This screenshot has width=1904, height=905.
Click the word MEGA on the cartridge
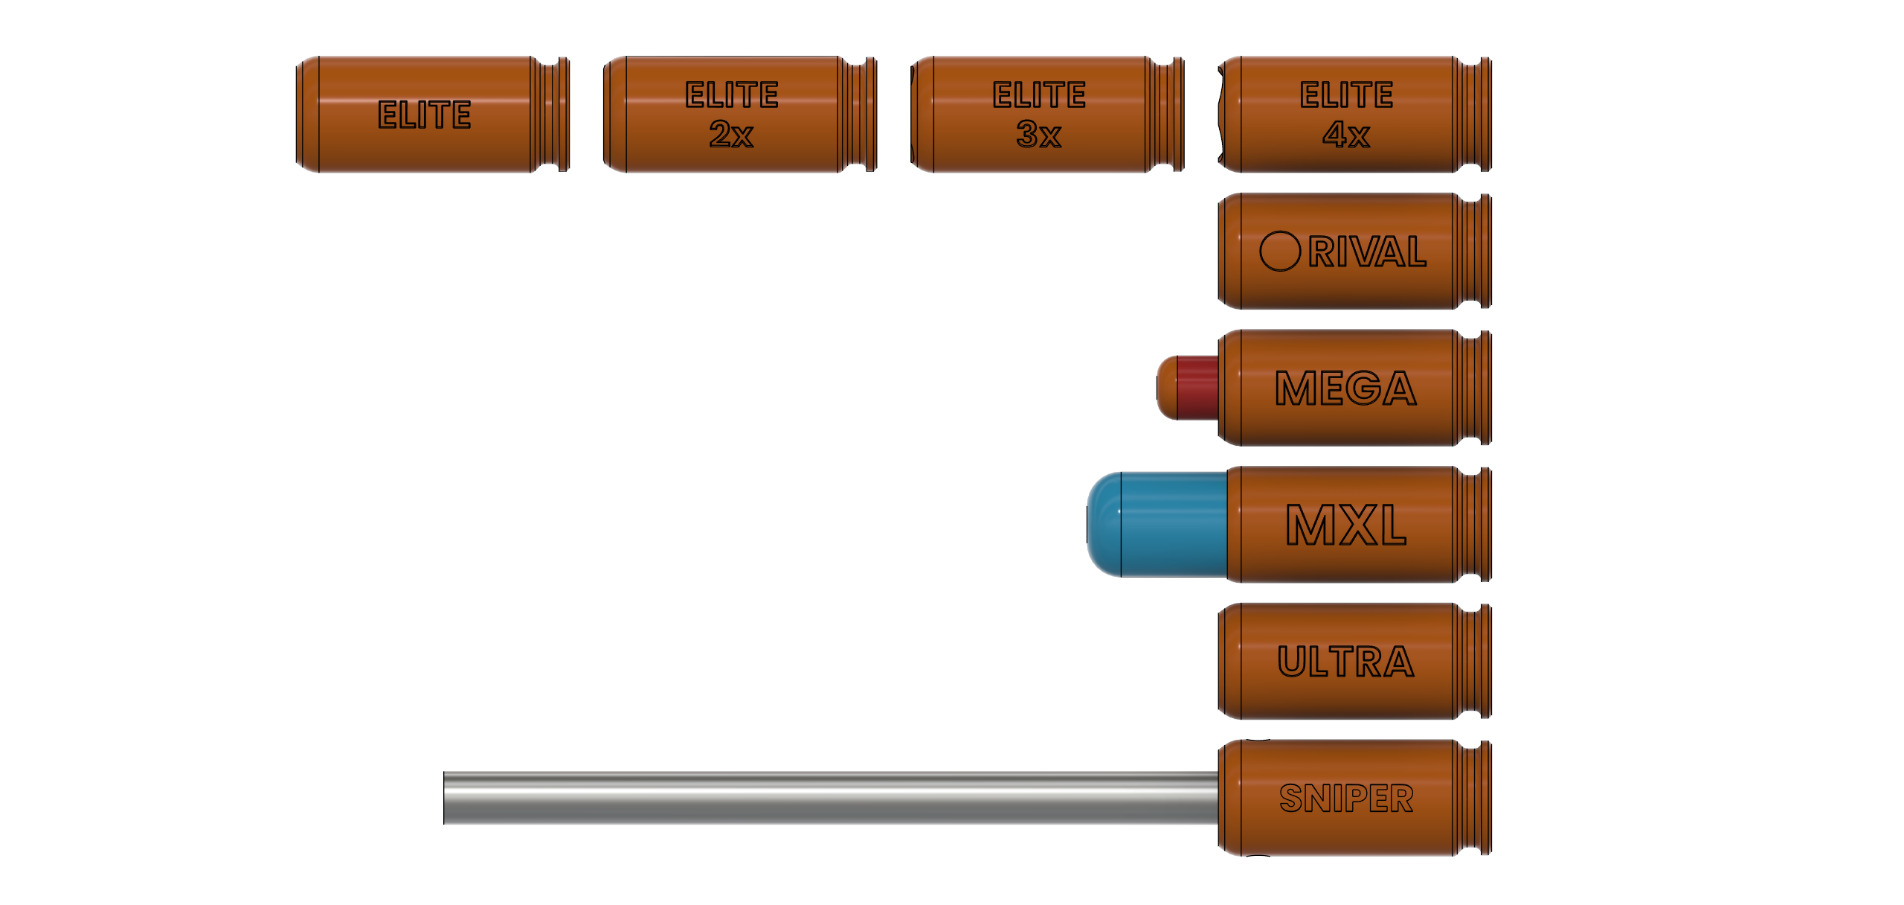point(1345,388)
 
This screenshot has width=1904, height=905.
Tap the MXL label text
point(1345,525)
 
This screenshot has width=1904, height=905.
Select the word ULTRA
point(1345,662)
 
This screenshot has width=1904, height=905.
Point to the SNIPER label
point(1345,799)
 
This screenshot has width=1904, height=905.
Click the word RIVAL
point(1367,252)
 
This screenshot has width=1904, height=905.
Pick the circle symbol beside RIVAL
point(1279,252)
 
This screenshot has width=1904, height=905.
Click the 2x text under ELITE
point(731,135)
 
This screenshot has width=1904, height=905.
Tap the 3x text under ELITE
point(1038,135)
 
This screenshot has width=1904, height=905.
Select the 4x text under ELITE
point(1345,135)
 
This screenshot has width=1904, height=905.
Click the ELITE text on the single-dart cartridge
point(424,115)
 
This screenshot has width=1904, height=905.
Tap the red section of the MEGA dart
point(1197,388)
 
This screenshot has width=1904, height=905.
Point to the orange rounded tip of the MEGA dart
point(1167,388)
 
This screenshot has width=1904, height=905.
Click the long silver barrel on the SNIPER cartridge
point(829,798)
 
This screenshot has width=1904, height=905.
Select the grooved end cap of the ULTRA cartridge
point(1473,662)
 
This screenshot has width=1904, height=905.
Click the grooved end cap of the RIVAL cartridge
point(1473,252)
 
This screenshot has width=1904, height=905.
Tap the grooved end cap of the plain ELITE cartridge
point(551,115)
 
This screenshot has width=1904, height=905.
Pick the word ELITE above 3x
point(1038,95)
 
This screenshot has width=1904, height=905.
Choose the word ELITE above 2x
point(731,95)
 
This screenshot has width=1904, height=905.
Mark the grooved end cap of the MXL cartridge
point(1473,525)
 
